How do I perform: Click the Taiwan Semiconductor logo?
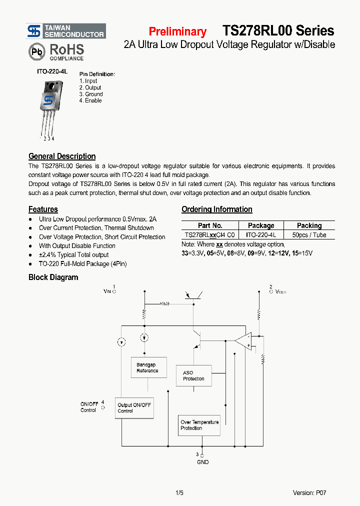[x=65, y=31]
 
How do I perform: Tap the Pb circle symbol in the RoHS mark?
[x=35, y=51]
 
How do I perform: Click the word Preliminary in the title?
[x=177, y=31]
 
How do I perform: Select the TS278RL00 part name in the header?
[x=257, y=30]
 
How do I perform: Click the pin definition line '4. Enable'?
[x=90, y=100]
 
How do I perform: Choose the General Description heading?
[x=62, y=156]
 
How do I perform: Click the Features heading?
[x=43, y=209]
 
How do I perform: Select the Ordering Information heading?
[x=216, y=209]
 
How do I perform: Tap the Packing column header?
[x=309, y=225]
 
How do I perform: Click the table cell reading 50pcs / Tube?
[x=309, y=234]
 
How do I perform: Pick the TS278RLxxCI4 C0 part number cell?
[x=209, y=234]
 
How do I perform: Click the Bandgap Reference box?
[x=148, y=367]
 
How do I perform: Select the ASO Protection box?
[x=193, y=375]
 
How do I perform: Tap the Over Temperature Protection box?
[x=199, y=425]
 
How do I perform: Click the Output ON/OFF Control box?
[x=134, y=408]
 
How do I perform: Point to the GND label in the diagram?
[x=203, y=462]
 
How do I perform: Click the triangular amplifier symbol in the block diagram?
[x=243, y=340]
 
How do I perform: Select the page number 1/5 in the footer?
[x=179, y=493]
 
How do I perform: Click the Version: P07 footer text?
[x=309, y=493]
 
